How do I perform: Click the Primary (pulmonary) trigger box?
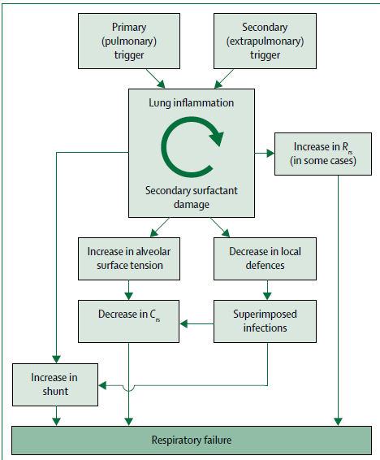pyautogui.click(x=129, y=41)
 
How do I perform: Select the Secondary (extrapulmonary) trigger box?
pyautogui.click(x=265, y=41)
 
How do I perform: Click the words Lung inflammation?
pyautogui.click(x=192, y=103)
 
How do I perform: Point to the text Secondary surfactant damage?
pyautogui.click(x=192, y=197)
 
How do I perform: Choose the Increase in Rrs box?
pyautogui.click(x=323, y=154)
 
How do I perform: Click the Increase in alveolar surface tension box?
pyautogui.click(x=129, y=258)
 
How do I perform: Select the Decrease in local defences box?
pyautogui.click(x=265, y=258)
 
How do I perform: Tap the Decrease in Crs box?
pyautogui.click(x=128, y=321)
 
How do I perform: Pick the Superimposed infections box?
pyautogui.click(x=265, y=321)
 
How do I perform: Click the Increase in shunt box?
pyautogui.click(x=55, y=385)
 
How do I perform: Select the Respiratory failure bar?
pyautogui.click(x=192, y=440)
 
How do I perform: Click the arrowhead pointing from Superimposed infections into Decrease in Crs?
pyautogui.click(x=184, y=324)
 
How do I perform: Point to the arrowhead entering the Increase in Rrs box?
pyautogui.click(x=270, y=153)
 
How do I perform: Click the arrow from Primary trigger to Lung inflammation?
pyautogui.click(x=156, y=79)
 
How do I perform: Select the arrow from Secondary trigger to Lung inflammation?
pyautogui.click(x=224, y=79)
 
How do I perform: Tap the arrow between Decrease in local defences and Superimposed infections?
pyautogui.click(x=267, y=290)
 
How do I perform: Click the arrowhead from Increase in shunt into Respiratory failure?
pyautogui.click(x=56, y=422)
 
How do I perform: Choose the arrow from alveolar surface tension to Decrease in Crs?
pyautogui.click(x=128, y=290)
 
